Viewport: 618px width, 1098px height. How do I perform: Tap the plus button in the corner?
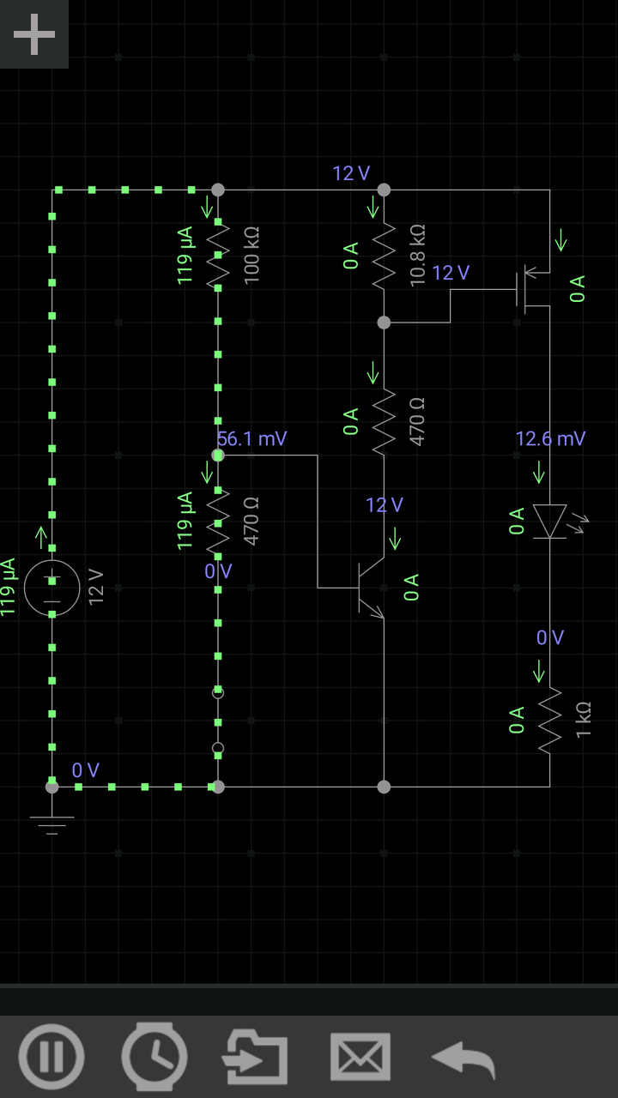tap(34, 34)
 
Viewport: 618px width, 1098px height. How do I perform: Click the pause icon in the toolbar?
tap(51, 1056)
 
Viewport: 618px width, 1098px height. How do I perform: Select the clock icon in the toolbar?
tap(154, 1056)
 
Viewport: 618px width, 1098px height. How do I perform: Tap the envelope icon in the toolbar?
tap(360, 1056)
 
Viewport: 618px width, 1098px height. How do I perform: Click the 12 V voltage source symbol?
tap(51, 588)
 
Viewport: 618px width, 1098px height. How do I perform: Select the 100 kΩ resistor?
tap(218, 256)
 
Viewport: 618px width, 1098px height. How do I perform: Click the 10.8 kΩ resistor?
tap(384, 256)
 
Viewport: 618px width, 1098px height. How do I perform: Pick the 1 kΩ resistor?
tap(549, 721)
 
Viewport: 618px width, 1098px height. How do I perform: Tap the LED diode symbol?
tap(550, 522)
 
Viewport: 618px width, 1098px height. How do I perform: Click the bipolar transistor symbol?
tap(371, 588)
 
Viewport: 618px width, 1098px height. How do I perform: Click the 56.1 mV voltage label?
tap(251, 439)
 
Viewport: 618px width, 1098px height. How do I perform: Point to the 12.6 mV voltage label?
tap(550, 439)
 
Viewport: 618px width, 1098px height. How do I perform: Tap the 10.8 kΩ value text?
tap(418, 256)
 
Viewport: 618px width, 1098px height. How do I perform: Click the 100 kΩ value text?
tap(251, 256)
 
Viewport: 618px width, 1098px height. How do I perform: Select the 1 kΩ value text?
tap(584, 721)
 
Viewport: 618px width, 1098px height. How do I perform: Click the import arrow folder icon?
tap(255, 1056)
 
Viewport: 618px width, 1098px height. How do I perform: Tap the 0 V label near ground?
tap(86, 770)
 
